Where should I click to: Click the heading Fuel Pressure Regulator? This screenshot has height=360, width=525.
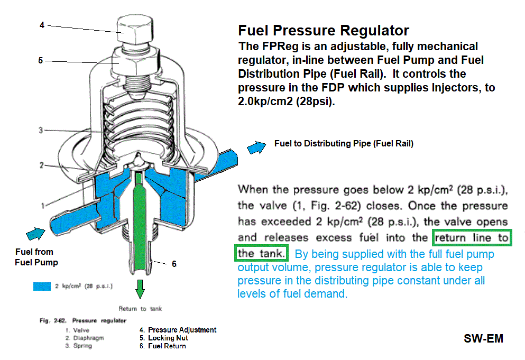(324, 31)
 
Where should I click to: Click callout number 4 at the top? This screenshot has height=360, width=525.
(42, 25)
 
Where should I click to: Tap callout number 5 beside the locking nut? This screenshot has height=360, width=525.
(41, 61)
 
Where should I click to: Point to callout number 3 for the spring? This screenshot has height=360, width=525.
(41, 130)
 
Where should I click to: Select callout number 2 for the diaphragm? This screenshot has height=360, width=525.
(42, 165)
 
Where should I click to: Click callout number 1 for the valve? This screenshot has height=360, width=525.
(42, 206)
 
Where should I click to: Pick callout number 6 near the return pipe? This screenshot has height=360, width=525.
(174, 264)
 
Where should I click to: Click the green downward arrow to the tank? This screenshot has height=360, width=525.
(140, 289)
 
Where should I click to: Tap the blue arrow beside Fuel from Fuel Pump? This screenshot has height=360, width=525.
(36, 233)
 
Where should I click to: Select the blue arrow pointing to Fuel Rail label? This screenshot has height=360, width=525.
(256, 147)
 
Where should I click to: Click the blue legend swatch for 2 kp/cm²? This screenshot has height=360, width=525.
(42, 287)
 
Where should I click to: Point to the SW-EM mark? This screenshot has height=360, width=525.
(483, 338)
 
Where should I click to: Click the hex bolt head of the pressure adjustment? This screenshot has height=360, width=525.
(135, 30)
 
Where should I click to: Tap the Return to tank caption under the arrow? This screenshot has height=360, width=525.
(140, 308)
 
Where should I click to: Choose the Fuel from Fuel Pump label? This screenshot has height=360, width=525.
(36, 257)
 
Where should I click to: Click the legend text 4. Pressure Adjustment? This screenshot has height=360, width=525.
(178, 330)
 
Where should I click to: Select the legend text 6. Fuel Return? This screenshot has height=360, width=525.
(163, 346)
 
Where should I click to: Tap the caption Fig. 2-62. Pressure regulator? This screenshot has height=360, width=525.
(82, 320)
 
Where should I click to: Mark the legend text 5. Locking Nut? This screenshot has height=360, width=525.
(164, 338)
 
